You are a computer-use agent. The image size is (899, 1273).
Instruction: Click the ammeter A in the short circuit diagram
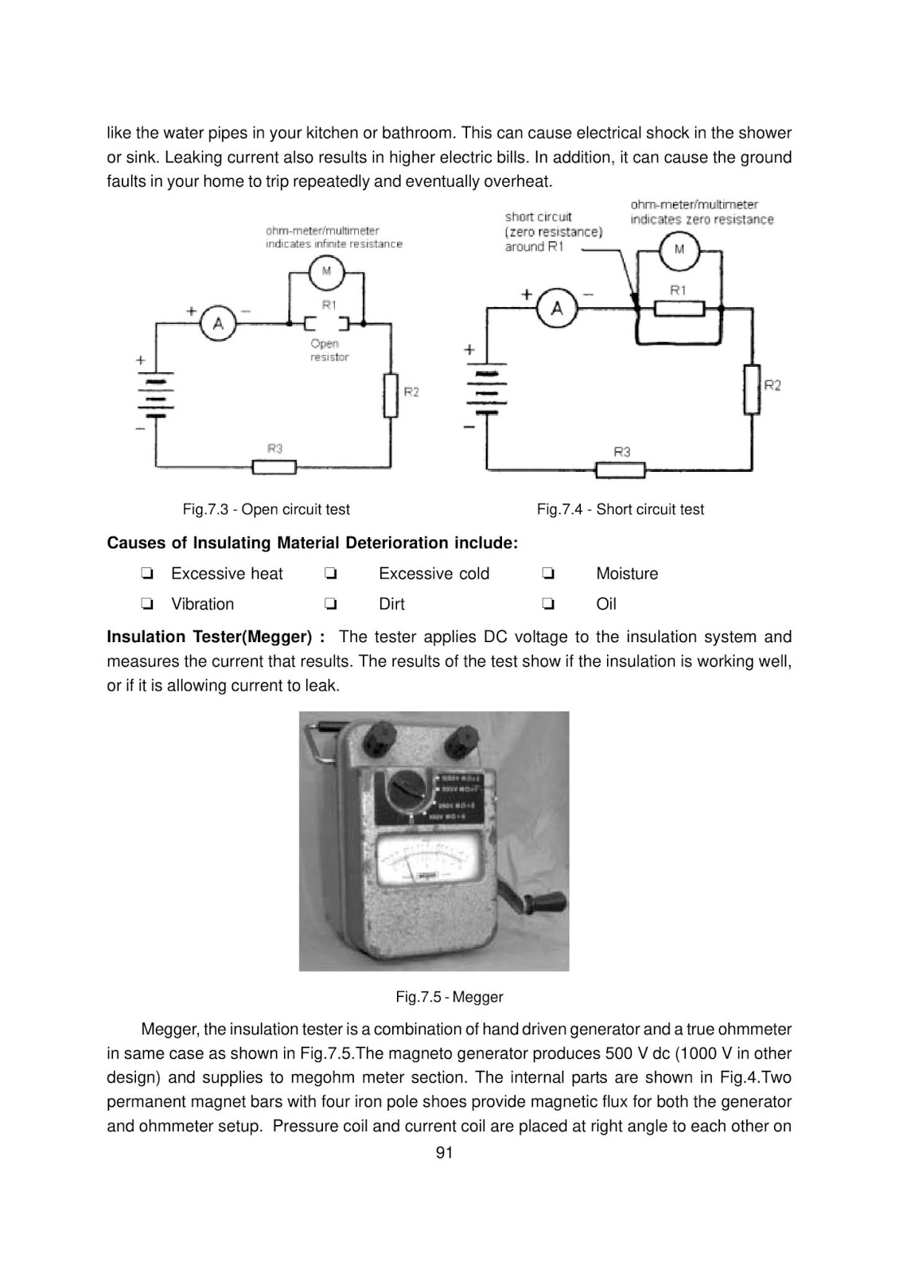point(557,307)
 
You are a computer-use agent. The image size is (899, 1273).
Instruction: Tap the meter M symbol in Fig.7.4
point(679,249)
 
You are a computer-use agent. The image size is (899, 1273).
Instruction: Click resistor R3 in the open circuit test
point(274,466)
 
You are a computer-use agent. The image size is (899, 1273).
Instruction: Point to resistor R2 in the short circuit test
point(752,388)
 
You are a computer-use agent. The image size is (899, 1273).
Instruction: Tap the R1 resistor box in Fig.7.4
point(678,307)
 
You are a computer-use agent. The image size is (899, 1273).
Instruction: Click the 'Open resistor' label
point(329,350)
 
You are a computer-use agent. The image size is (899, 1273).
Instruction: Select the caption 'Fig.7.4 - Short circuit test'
point(620,509)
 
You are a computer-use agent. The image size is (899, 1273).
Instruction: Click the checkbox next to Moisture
point(547,574)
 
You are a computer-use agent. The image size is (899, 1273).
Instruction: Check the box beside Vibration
point(146,604)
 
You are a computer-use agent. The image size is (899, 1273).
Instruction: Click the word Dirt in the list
point(391,604)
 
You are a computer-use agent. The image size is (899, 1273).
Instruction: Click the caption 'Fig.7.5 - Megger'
point(449,996)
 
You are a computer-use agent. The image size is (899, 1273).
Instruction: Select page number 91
point(445,1153)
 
